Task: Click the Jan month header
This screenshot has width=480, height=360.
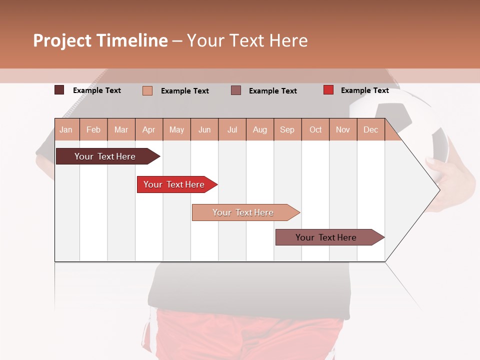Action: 66,129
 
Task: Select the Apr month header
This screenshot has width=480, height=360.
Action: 149,129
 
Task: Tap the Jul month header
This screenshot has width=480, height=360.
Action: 232,129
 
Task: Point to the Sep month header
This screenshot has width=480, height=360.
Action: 287,129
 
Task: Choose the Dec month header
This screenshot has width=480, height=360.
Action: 370,129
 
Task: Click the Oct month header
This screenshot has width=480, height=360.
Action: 315,129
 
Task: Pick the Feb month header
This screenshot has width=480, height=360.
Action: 93,129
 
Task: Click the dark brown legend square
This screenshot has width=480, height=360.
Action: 59,90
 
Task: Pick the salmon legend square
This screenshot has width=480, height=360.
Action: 147,90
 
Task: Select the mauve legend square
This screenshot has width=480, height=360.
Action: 235,90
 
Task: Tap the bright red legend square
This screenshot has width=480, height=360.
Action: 328,90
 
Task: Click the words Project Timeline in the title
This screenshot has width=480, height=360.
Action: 100,40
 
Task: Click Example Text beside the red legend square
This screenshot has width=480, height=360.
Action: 364,90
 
